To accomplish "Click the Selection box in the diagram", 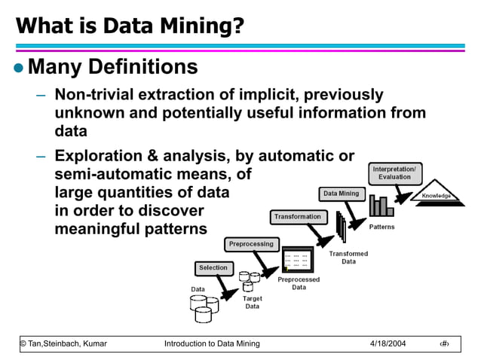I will tap(213, 267).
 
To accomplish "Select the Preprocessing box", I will tap(251, 244).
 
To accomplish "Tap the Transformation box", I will tap(297, 217).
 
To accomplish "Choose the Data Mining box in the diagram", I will tap(342, 194).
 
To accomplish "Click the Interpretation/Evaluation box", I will tap(395, 172).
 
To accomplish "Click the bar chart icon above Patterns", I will tap(380, 206).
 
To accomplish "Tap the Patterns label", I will tap(381, 227).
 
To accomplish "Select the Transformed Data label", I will tap(348, 258).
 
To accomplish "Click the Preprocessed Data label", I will tap(299, 283).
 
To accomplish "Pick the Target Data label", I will tap(252, 302).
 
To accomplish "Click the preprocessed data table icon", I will tap(297, 260).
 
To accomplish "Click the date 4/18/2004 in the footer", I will tap(388, 343).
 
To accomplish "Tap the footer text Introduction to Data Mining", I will tap(212, 343).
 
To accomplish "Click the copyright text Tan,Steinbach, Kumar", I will tap(63, 343).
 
